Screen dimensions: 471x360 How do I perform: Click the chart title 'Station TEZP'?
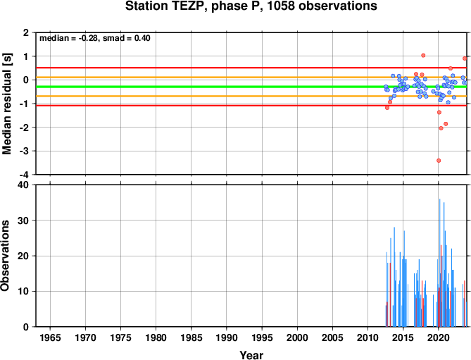point(166,6)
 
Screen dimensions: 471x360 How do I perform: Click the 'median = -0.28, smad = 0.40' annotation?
point(95,38)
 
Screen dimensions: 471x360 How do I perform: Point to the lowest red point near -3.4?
point(439,161)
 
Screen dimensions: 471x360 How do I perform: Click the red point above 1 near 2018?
point(423,55)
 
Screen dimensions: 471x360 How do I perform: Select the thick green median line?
point(251,87)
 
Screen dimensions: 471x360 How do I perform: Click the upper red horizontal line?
point(251,68)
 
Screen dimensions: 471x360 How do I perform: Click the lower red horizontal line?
point(251,106)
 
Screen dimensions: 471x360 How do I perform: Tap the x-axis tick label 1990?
point(227,337)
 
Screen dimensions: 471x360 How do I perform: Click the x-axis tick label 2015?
point(403,337)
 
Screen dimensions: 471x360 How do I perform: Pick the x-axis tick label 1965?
point(50,337)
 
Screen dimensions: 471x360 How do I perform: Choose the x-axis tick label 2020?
point(439,337)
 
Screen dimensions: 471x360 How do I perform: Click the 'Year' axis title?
point(251,355)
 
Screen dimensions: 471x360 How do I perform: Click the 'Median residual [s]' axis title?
point(6,104)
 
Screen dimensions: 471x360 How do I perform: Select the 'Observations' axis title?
point(5,255)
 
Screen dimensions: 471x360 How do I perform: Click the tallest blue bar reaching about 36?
point(440,263)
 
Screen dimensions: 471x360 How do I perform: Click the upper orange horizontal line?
point(251,77)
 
